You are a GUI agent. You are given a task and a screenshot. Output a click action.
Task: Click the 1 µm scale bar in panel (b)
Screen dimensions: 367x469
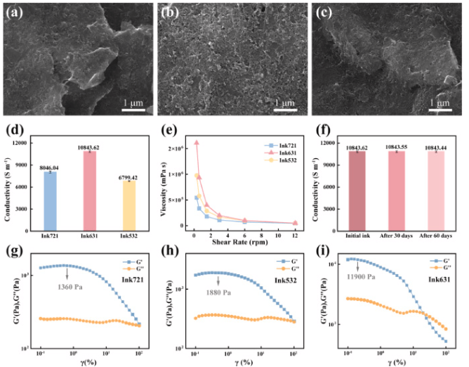[285, 109]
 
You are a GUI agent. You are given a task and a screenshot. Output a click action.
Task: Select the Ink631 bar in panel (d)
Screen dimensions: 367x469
[89, 191]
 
